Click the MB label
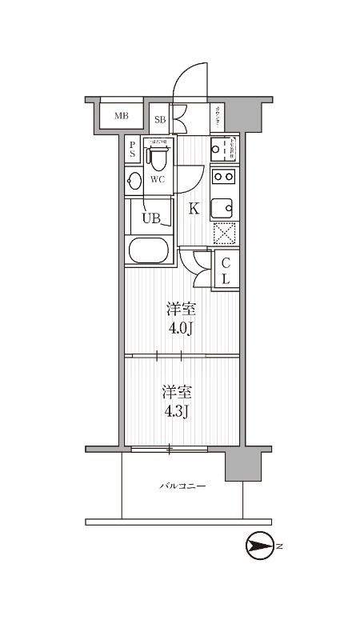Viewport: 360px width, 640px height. (121, 117)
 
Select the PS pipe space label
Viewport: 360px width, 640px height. (132, 150)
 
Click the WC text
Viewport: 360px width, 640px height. (158, 179)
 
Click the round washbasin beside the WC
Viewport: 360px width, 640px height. (134, 181)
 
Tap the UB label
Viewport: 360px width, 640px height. (151, 217)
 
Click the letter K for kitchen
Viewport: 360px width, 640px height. (194, 210)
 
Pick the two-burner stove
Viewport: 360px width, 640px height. (222, 177)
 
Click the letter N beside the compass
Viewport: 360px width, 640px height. (281, 547)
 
